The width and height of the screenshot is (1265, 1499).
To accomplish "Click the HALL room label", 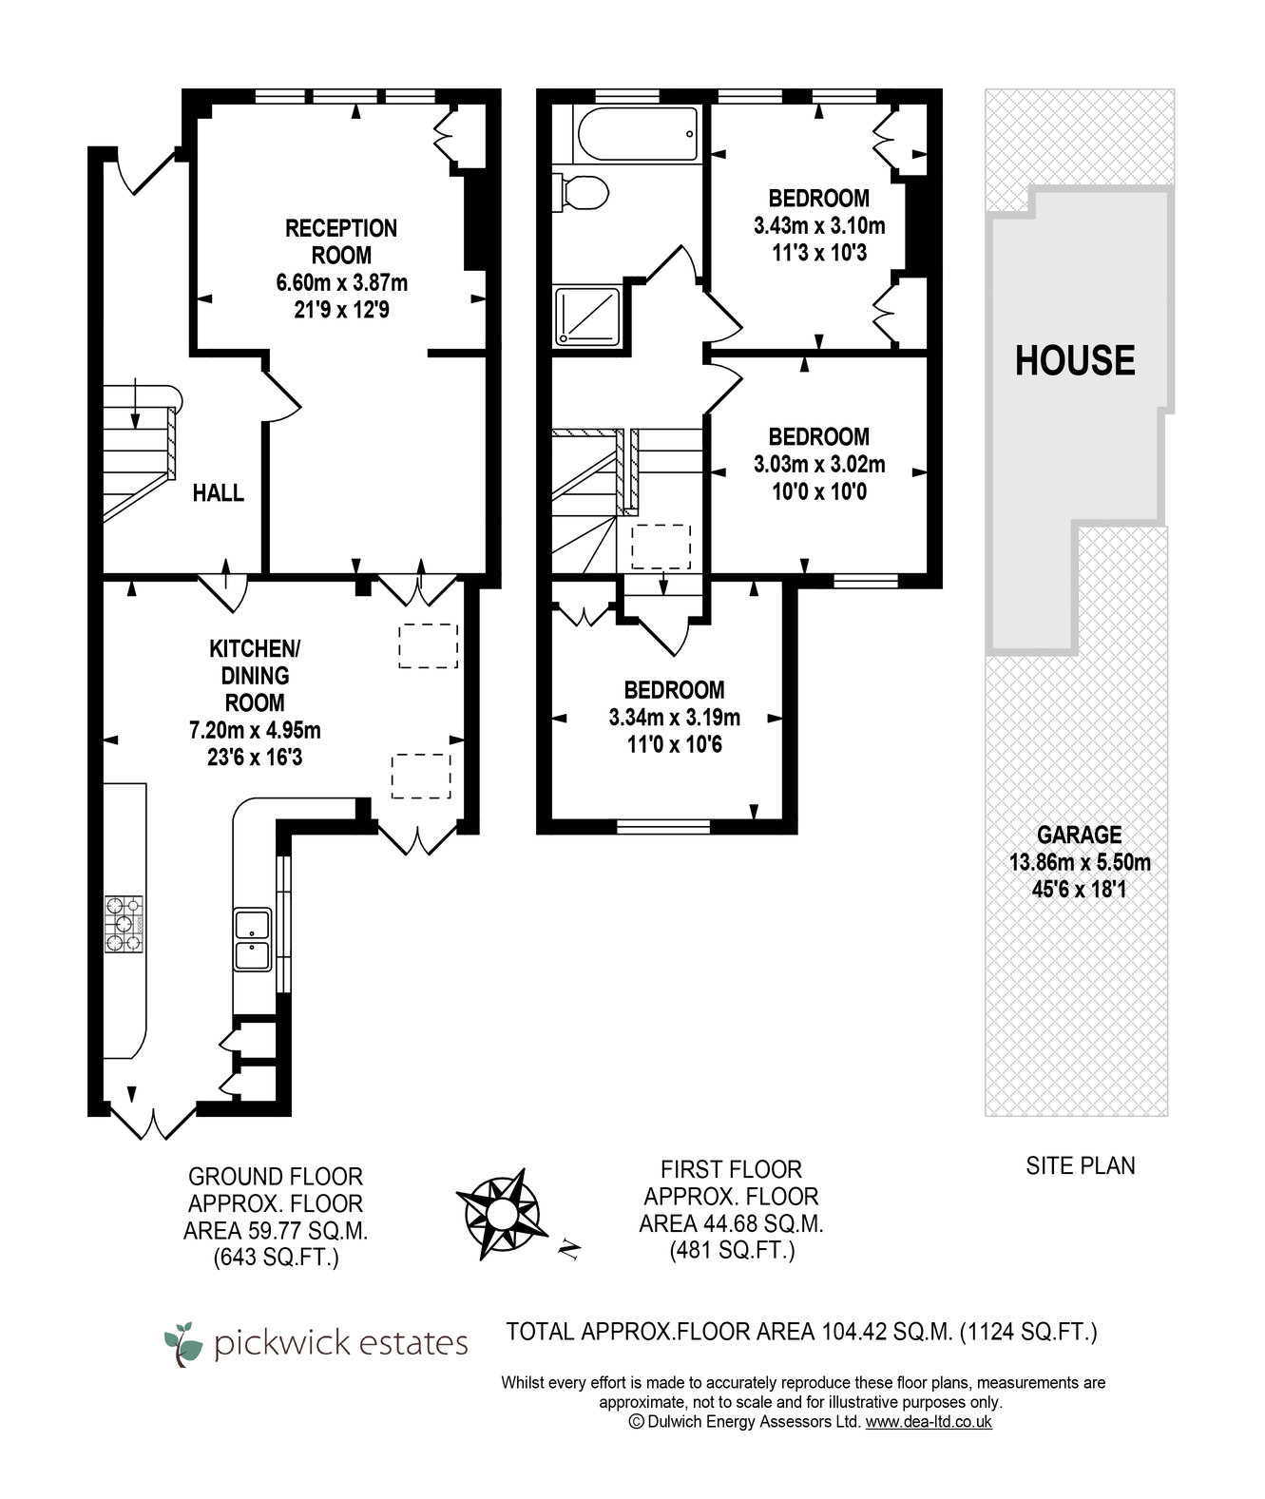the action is tap(219, 492).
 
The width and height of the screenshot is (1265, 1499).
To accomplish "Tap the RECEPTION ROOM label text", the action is tap(341, 242).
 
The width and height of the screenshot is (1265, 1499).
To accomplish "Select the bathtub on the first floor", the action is tap(636, 134).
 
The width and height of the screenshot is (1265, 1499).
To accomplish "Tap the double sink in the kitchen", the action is tap(252, 940).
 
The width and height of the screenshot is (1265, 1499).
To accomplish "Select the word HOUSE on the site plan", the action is tap(1075, 360).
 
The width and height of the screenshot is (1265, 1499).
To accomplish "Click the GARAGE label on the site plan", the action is tap(1079, 835).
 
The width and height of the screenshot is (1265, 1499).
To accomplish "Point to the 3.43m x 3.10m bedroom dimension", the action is tap(819, 225).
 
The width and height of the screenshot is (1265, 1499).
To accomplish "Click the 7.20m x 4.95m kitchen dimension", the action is tap(255, 730).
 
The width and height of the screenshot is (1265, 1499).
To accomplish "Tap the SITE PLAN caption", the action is tap(1081, 1166).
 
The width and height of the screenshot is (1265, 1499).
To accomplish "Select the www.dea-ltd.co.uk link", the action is tap(929, 1421).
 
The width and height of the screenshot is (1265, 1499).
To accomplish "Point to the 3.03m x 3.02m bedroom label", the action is tap(819, 464).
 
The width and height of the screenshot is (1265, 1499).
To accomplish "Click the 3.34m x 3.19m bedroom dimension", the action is tap(674, 718).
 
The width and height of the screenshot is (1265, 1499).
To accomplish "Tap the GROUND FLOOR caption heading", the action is tap(276, 1177).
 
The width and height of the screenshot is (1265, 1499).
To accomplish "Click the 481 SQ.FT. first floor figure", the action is tap(732, 1251).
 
